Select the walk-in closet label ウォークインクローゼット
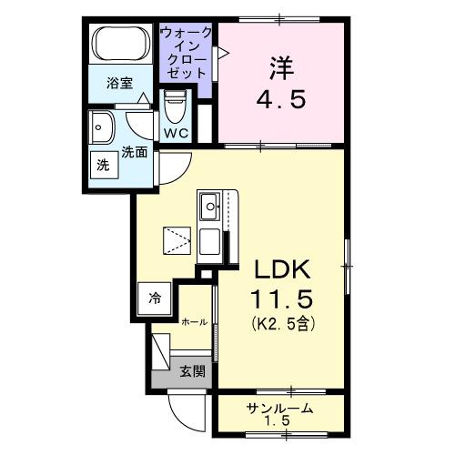click(x=187, y=52)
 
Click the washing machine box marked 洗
click(x=103, y=166)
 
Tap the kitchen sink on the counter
click(x=208, y=207)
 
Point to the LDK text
click(x=281, y=270)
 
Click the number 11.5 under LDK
click(x=281, y=298)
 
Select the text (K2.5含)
click(x=281, y=323)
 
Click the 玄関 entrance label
click(x=190, y=370)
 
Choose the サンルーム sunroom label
click(x=279, y=409)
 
